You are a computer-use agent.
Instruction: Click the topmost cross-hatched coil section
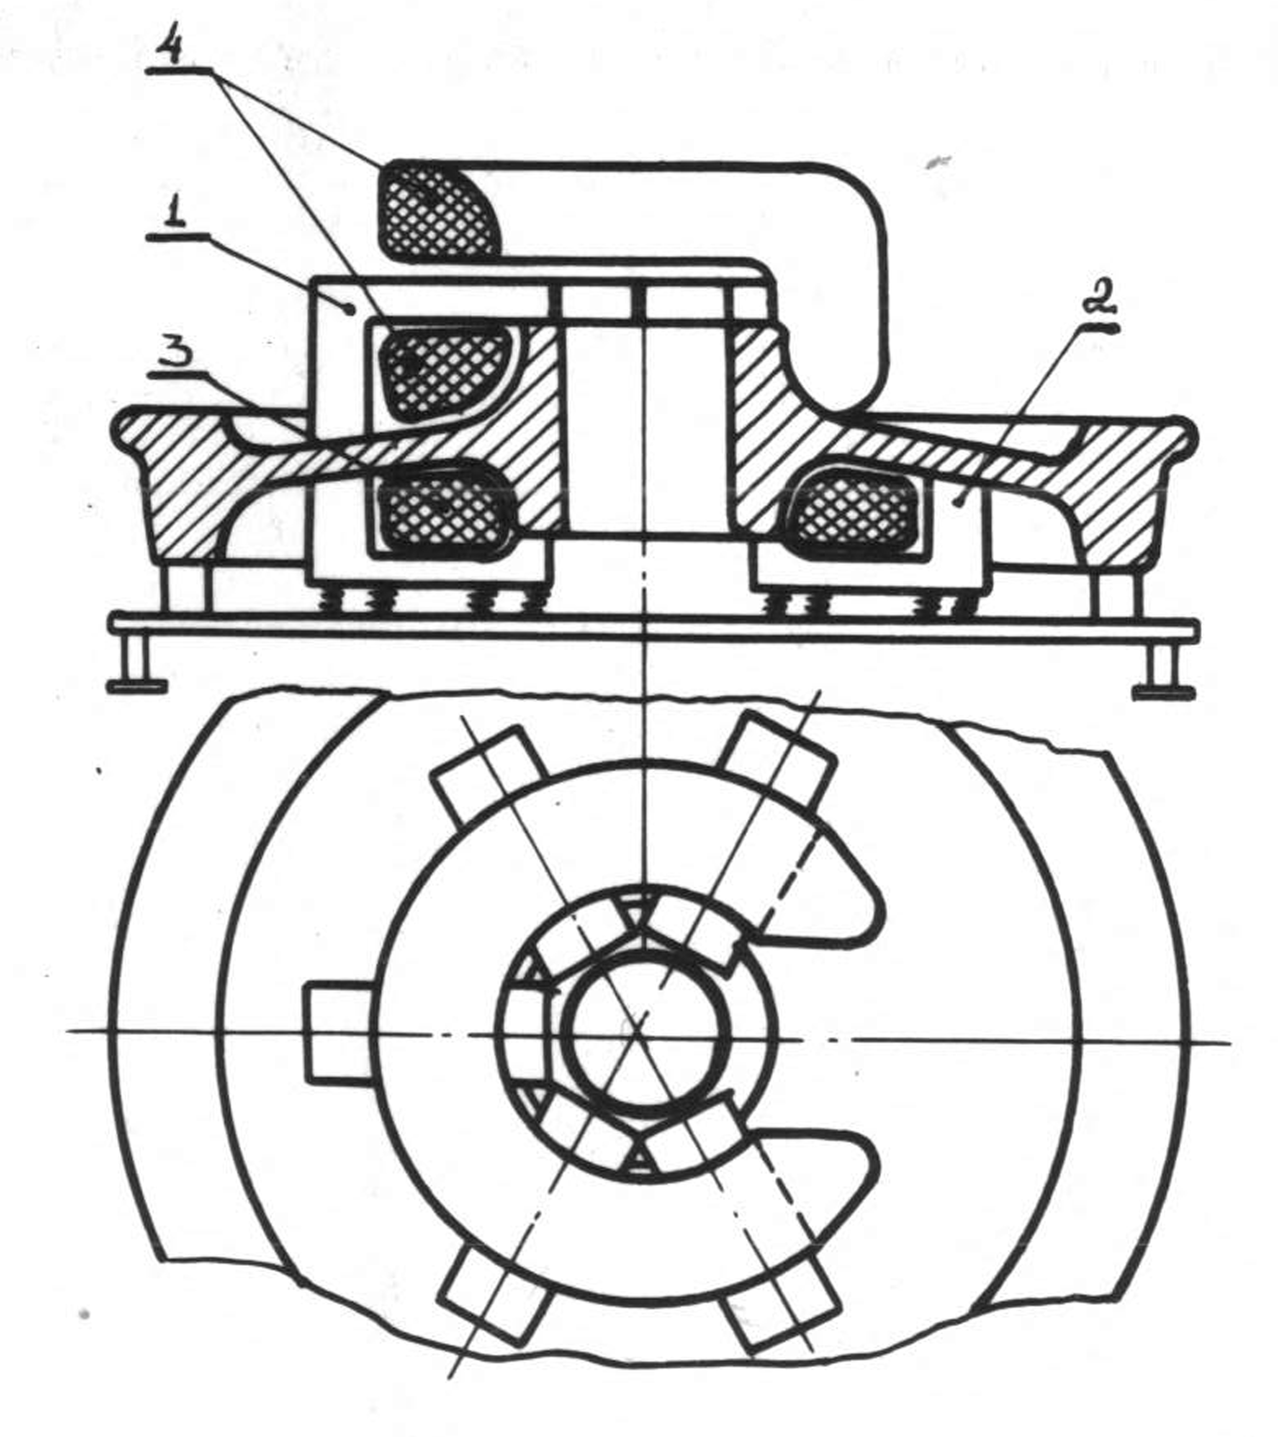click(438, 209)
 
